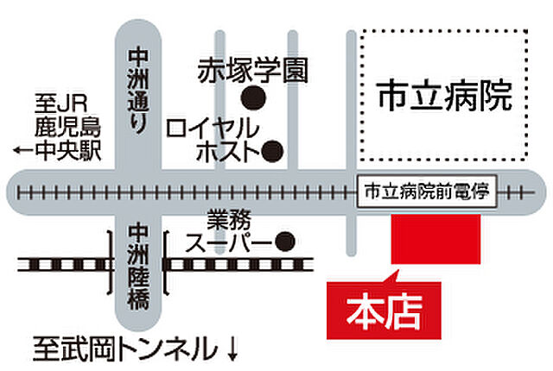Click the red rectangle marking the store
tap(435, 239)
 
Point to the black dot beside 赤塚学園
tap(252, 96)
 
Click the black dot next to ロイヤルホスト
tap(272, 153)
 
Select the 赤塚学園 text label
tap(252, 70)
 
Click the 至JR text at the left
tap(54, 103)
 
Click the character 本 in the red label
tap(362, 311)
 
